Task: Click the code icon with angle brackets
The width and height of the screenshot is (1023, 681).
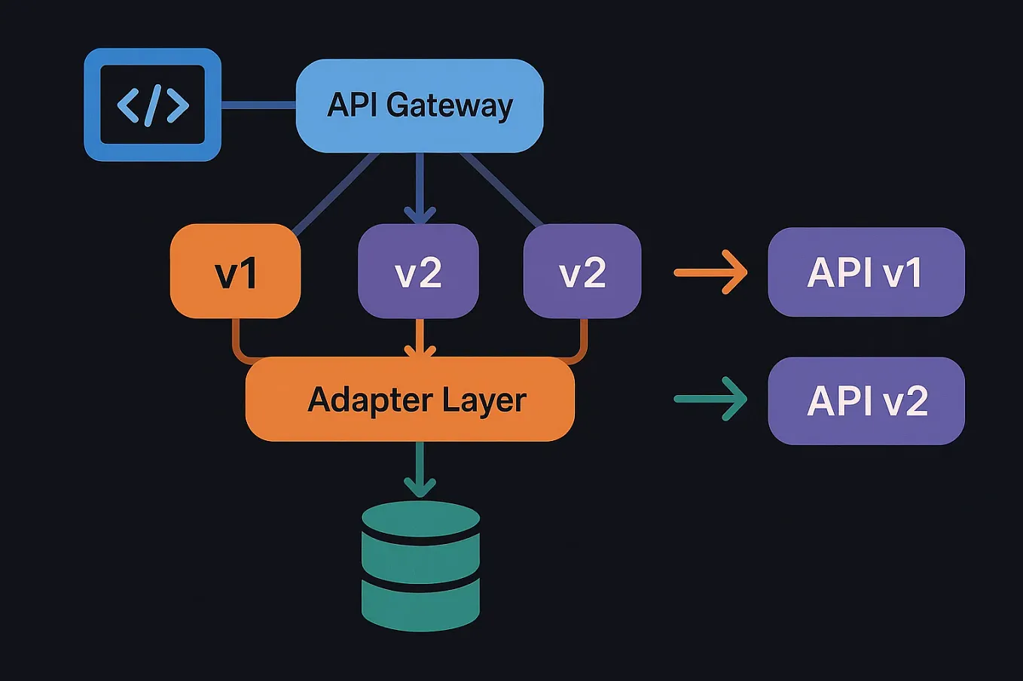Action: coord(152,105)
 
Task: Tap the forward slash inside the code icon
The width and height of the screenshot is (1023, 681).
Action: coord(153,105)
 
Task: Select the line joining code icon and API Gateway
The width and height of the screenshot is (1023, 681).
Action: coord(258,105)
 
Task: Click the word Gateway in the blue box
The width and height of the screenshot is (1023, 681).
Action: coord(450,105)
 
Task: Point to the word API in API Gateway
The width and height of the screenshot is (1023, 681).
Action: coord(352,105)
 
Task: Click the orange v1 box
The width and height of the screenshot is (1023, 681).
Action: coord(236,272)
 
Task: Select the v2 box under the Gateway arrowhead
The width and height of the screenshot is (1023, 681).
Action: coord(418,272)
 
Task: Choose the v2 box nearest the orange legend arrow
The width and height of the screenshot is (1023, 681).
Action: coord(582,272)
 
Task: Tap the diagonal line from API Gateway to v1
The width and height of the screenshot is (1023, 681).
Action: coord(335,192)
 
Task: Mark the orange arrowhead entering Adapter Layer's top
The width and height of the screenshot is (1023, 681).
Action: coord(420,350)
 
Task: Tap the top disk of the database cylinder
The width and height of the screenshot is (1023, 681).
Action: coord(420,519)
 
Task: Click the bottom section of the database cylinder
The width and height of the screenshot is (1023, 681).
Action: coord(420,606)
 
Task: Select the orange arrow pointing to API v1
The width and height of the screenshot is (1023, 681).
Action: coord(710,272)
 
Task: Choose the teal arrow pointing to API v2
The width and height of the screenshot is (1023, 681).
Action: coord(710,399)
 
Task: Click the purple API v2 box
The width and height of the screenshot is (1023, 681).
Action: coord(866,400)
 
